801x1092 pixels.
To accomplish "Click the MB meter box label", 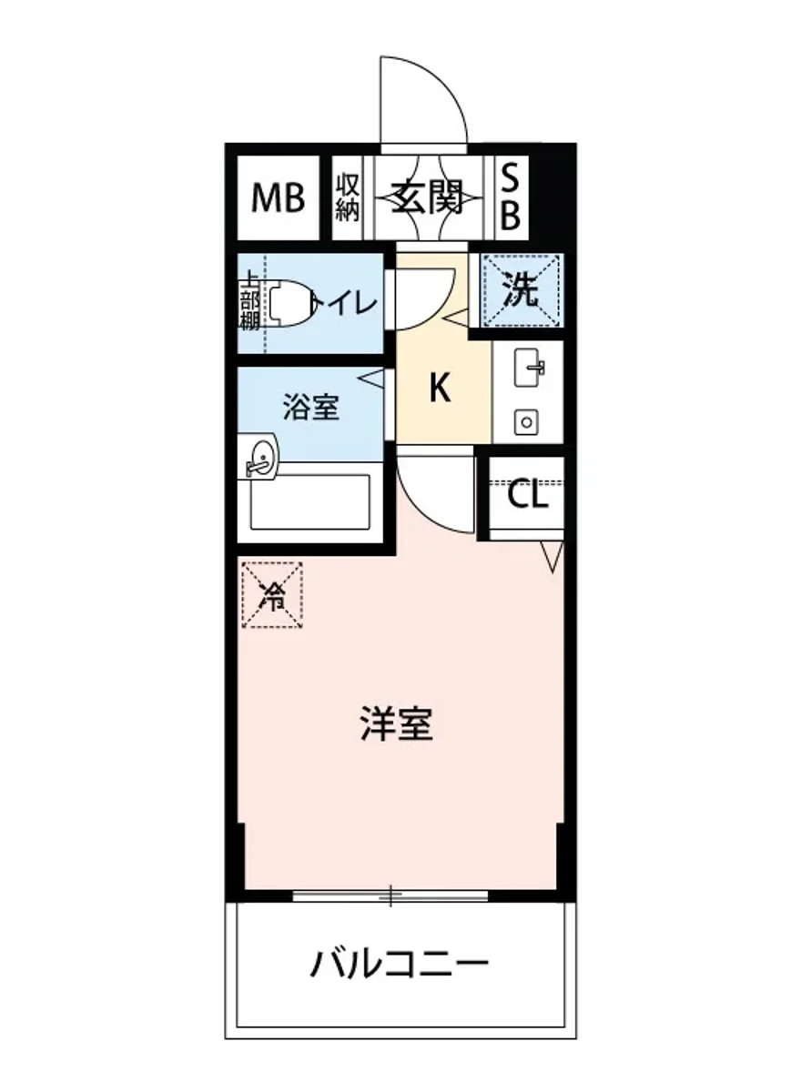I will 279,197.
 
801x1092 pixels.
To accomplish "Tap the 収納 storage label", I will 347,197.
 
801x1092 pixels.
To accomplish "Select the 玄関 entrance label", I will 428,197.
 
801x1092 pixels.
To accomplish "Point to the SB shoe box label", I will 512,198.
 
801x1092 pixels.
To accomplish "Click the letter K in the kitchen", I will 440,389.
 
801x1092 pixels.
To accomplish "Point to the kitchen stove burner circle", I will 525,420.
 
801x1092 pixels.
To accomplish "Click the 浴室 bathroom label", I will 311,408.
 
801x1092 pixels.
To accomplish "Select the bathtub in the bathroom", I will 311,501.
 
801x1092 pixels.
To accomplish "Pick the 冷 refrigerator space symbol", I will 271,596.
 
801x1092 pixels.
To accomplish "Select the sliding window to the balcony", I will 390,895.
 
